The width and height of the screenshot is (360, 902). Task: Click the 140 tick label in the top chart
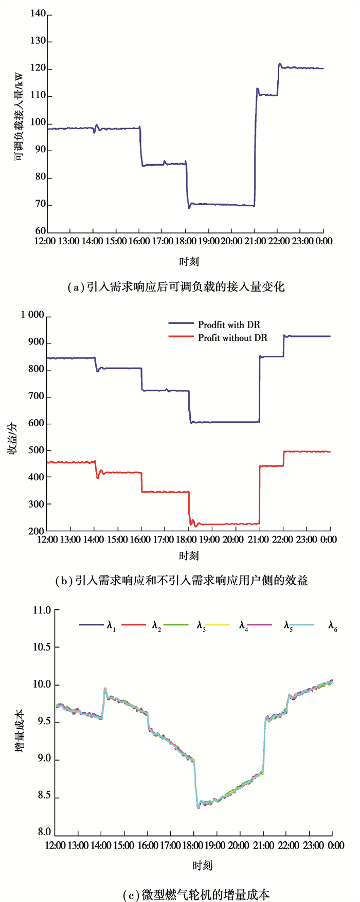tap(38, 14)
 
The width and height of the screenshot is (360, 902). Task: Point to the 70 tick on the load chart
tap(40, 205)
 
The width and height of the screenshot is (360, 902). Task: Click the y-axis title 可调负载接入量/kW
tap(19, 123)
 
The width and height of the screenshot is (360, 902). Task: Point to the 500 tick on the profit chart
tap(38, 450)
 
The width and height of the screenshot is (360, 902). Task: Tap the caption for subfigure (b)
tap(181, 581)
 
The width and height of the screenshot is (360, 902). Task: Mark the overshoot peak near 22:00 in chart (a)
tap(280, 64)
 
